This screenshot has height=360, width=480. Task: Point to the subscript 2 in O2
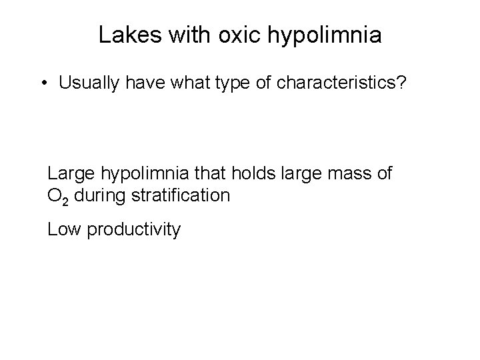(61, 200)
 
